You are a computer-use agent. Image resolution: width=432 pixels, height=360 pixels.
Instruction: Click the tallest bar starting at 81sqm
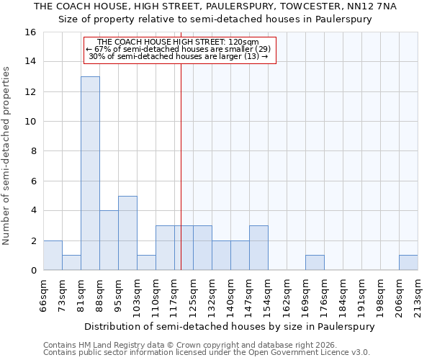point(90,174)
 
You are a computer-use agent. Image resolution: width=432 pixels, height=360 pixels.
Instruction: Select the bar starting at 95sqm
point(127,233)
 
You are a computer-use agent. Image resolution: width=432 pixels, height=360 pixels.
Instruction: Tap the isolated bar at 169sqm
point(315,263)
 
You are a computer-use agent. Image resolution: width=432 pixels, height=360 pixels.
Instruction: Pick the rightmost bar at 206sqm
point(408,263)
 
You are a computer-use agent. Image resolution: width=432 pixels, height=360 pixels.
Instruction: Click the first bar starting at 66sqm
point(53,256)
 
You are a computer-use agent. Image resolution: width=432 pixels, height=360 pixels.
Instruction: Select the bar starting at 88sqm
point(109,240)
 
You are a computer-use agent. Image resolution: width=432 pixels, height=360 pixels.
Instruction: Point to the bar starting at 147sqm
point(258,248)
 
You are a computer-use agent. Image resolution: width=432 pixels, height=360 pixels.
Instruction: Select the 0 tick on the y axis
point(32,271)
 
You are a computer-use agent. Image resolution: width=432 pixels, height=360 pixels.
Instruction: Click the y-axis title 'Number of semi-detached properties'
point(7,156)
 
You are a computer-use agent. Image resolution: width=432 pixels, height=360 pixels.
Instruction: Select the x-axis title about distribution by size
point(230,326)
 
